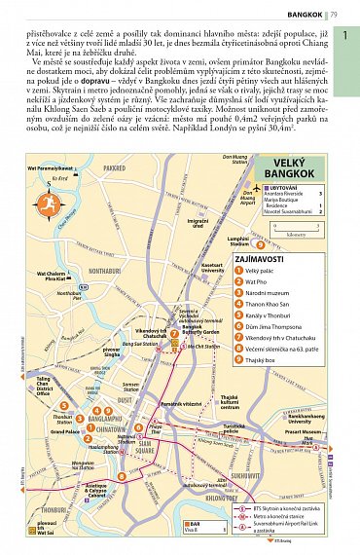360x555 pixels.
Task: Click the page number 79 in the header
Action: [x=334, y=15]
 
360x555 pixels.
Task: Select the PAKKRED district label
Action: [x=115, y=168]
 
